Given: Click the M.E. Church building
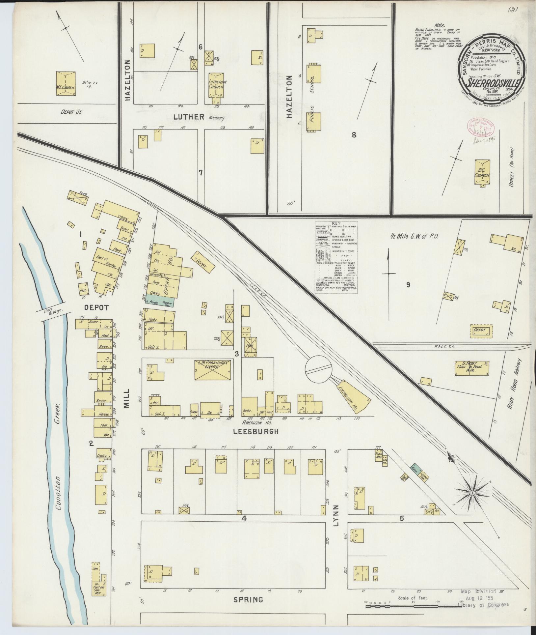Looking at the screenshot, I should tap(66, 84).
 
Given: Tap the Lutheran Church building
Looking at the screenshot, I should tap(216, 85).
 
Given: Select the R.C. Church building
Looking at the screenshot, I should tap(482, 172).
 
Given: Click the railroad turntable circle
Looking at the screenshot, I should tap(318, 368).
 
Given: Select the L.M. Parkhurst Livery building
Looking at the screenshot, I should tap(213, 370).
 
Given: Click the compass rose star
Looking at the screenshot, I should tap(472, 493).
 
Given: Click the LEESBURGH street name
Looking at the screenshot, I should tap(260, 431).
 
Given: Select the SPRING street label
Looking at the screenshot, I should tap(248, 599).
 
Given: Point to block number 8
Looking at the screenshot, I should tap(354, 134).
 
